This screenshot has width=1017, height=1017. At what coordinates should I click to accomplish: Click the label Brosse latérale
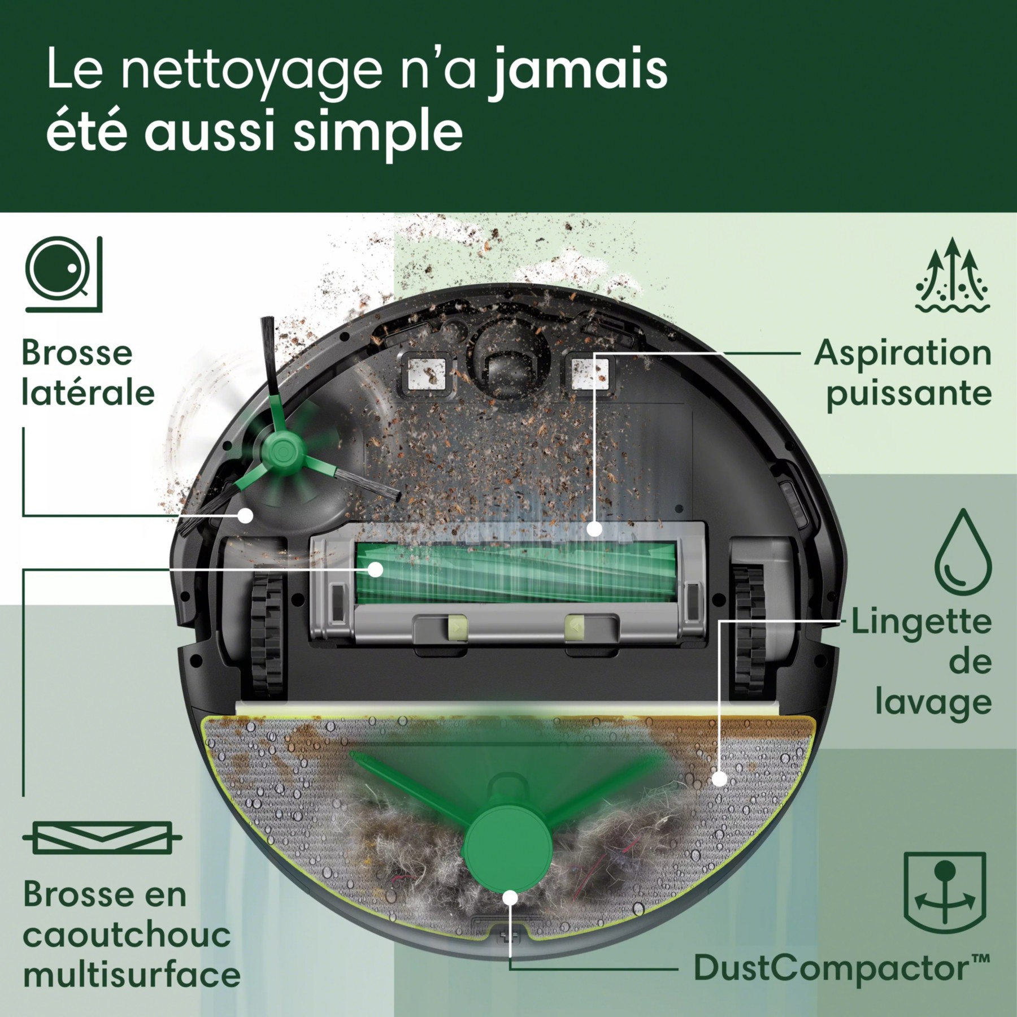(88, 373)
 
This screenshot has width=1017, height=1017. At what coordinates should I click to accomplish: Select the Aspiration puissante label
(903, 373)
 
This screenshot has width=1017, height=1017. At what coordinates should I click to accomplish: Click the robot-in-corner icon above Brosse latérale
(64, 274)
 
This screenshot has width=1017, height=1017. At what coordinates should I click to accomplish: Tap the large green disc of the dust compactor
(507, 850)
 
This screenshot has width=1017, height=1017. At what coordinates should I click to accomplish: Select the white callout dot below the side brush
(245, 515)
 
